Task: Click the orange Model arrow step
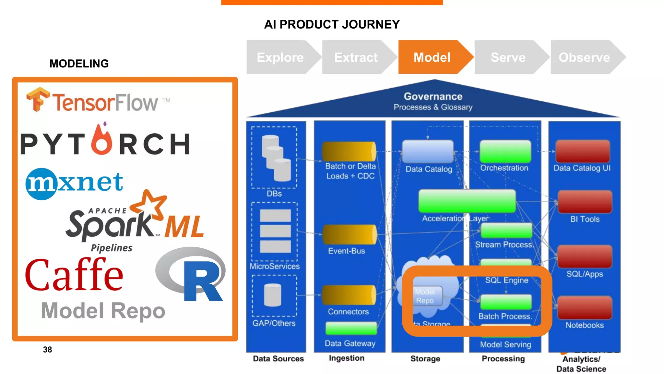(x=432, y=57)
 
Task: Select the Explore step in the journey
(x=280, y=57)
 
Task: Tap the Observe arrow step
(x=584, y=57)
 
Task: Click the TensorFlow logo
(x=97, y=101)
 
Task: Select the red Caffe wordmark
(x=74, y=274)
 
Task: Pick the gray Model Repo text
(x=103, y=311)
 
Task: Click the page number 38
(x=47, y=350)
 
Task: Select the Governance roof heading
(x=433, y=97)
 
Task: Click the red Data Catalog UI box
(x=583, y=151)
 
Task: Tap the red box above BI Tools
(x=585, y=202)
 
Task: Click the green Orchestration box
(x=505, y=151)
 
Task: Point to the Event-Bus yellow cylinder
(x=349, y=234)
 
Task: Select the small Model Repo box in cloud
(x=427, y=296)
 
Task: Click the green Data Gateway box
(x=351, y=329)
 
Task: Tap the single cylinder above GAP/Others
(x=273, y=295)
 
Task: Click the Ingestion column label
(x=346, y=358)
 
